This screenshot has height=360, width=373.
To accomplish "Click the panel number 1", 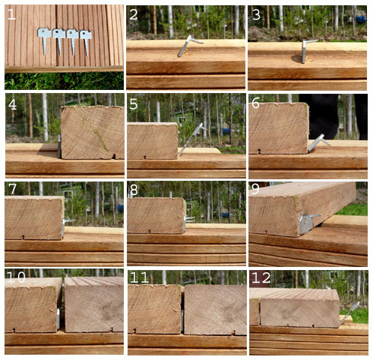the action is click(x=11, y=14).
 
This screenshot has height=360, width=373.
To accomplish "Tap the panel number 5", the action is click(x=134, y=103).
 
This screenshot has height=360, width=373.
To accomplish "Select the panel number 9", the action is click(x=255, y=190).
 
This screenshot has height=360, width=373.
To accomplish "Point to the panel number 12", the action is click(x=260, y=277).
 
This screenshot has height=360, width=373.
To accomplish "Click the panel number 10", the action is click(x=16, y=277).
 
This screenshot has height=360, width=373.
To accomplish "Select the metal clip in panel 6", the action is click(x=317, y=142).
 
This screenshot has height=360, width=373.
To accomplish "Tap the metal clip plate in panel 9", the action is click(x=306, y=223).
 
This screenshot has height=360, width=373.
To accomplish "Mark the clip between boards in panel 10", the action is click(x=59, y=318).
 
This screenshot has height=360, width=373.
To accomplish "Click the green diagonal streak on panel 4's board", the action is click(x=101, y=140).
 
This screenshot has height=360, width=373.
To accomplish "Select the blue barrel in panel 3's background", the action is click(x=361, y=19).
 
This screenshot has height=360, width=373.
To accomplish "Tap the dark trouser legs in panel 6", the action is click(x=332, y=116).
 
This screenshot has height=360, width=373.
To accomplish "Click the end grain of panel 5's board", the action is click(x=152, y=141).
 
